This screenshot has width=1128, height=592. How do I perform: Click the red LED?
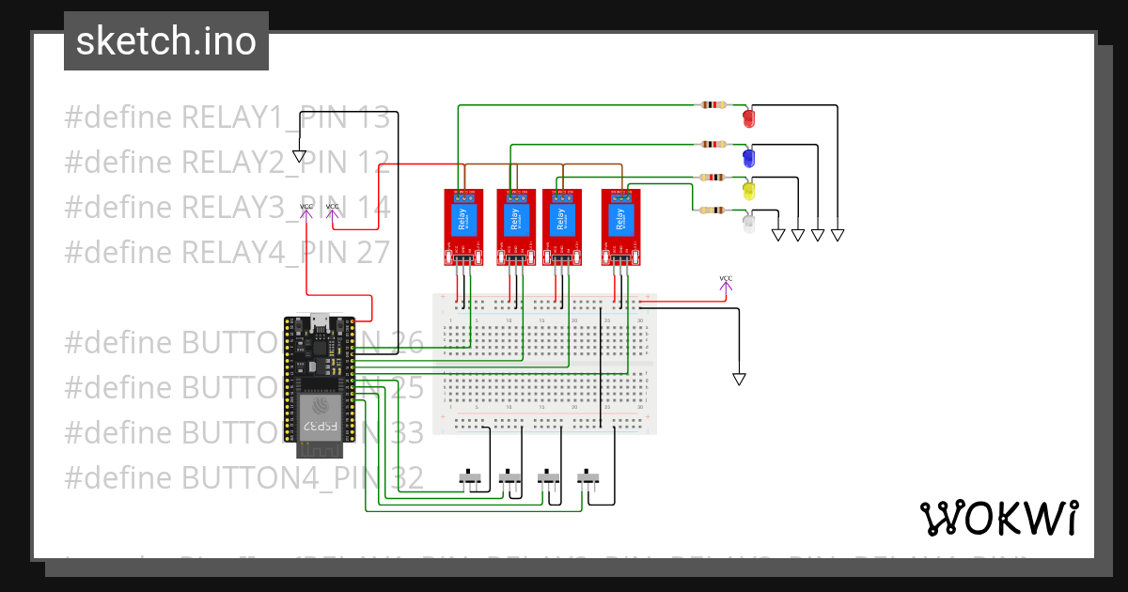point(749,117)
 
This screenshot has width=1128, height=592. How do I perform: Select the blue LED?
point(749,156)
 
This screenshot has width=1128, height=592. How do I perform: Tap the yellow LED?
point(749,190)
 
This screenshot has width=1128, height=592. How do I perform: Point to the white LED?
point(749,224)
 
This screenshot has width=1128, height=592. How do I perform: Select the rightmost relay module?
point(620,226)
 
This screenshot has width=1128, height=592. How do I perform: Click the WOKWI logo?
point(998,518)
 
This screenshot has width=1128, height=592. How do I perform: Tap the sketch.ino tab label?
point(166,41)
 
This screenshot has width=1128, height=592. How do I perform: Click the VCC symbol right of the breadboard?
point(726,282)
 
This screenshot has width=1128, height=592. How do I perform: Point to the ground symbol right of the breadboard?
point(739,379)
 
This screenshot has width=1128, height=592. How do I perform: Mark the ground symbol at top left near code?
point(300,156)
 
